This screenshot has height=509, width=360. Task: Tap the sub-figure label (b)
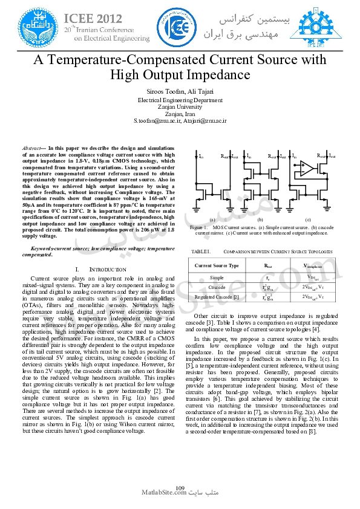click(x=260, y=219)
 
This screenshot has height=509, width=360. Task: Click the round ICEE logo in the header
click(x=180, y=27)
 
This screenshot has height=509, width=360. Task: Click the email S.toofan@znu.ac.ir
click(x=157, y=120)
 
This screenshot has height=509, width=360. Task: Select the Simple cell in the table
click(x=217, y=277)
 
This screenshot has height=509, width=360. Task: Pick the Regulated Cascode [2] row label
click(x=217, y=297)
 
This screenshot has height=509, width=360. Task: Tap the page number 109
click(x=180, y=488)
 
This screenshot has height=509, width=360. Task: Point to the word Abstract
click(x=31, y=148)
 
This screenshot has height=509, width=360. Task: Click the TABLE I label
click(x=200, y=251)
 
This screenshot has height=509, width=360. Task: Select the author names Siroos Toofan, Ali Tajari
click(x=180, y=91)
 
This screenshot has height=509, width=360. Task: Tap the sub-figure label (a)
click(x=212, y=219)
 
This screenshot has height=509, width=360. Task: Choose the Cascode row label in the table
click(x=217, y=287)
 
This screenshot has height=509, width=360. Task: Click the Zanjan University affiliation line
click(x=180, y=106)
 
